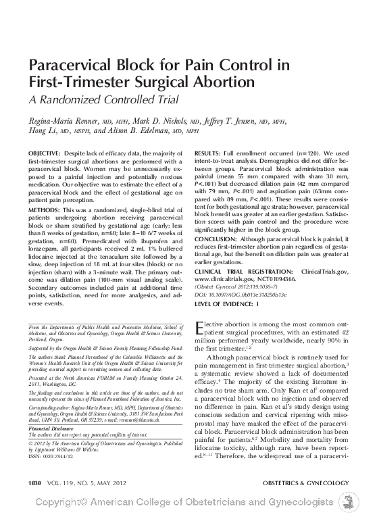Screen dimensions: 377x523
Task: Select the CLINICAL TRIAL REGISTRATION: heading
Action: pos(241,271)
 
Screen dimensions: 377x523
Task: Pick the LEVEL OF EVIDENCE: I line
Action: pos(226,304)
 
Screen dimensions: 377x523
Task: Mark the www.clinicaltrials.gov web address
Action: pos(225,278)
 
